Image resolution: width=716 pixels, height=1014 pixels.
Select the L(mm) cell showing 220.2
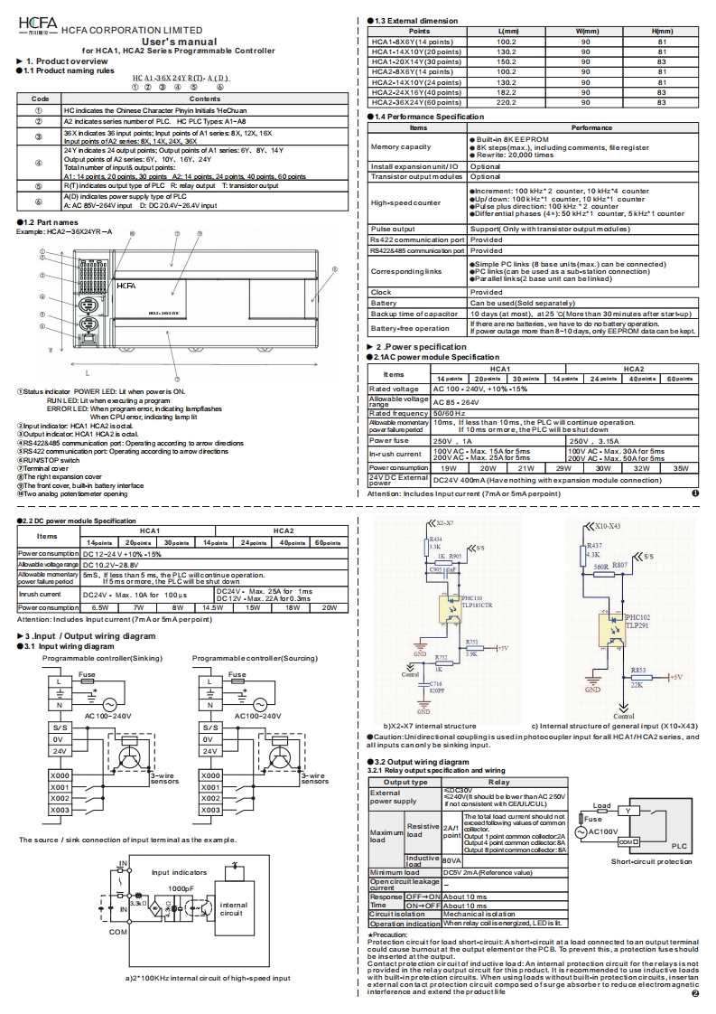pyautogui.click(x=507, y=103)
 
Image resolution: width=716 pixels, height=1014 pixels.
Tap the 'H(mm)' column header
pyautogui.click(x=662, y=31)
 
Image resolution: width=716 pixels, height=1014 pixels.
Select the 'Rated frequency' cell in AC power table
pyautogui.click(x=398, y=413)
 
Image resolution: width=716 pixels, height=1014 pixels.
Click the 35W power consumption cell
pyautogui.click(x=680, y=468)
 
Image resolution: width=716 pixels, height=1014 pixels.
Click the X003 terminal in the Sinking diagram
pyautogui.click(x=60, y=810)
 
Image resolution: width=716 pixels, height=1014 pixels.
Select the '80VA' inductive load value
pyautogui.click(x=451, y=859)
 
